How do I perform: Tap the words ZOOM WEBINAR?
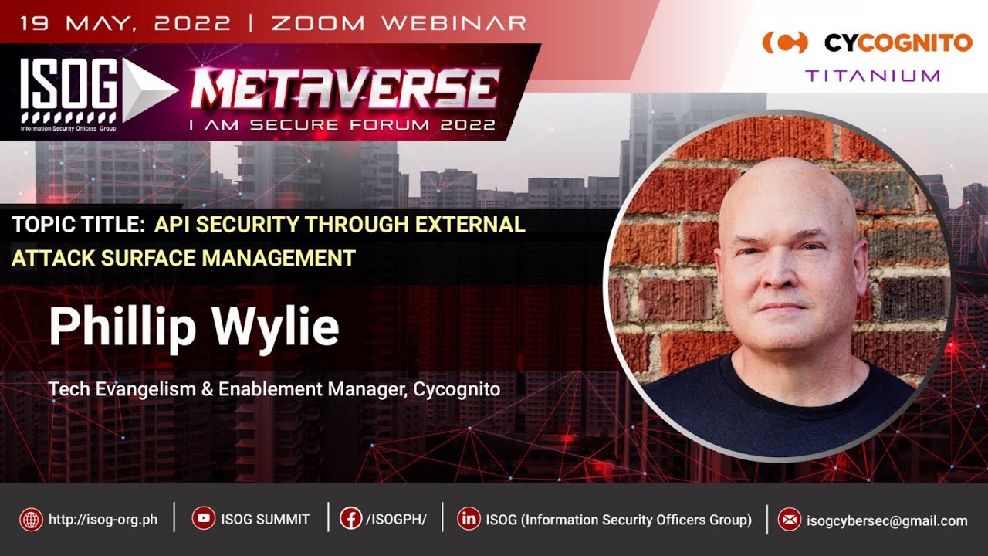[398, 22]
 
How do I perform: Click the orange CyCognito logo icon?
[784, 42]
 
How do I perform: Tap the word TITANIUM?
[872, 76]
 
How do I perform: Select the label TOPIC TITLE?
[79, 225]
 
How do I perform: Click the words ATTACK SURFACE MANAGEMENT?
[184, 257]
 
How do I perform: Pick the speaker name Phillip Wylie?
[194, 327]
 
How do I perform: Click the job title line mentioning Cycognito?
[274, 389]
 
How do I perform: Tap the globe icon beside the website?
[32, 520]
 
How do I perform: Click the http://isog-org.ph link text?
[103, 520]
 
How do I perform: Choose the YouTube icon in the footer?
[204, 520]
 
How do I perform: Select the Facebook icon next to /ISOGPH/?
[350, 520]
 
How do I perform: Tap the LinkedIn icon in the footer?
[468, 520]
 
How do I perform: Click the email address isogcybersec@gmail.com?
[886, 520]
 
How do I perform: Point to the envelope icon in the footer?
[789, 520]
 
